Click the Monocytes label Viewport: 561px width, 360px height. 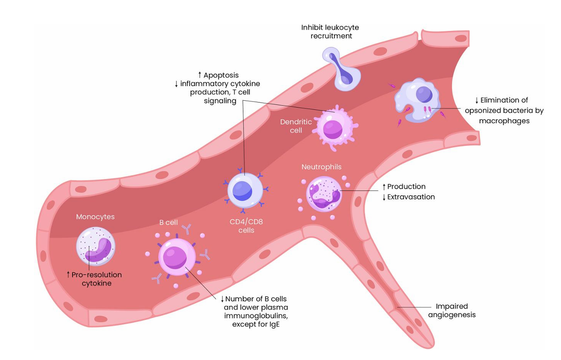pyautogui.click(x=95, y=217)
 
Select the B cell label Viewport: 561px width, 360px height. pyautogui.click(x=168, y=222)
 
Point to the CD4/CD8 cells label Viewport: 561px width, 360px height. pyautogui.click(x=247, y=226)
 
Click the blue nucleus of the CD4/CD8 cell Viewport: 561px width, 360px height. pyautogui.click(x=242, y=190)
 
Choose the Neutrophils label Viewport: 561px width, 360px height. pyautogui.click(x=321, y=167)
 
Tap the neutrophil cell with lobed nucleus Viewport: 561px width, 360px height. pyautogui.click(x=323, y=195)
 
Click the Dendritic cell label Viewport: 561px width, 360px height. pyautogui.click(x=296, y=126)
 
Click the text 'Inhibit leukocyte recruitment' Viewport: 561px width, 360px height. pyautogui.click(x=330, y=31)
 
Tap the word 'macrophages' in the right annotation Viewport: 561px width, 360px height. pyautogui.click(x=504, y=121)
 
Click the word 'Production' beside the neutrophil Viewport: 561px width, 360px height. pyautogui.click(x=407, y=186)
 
